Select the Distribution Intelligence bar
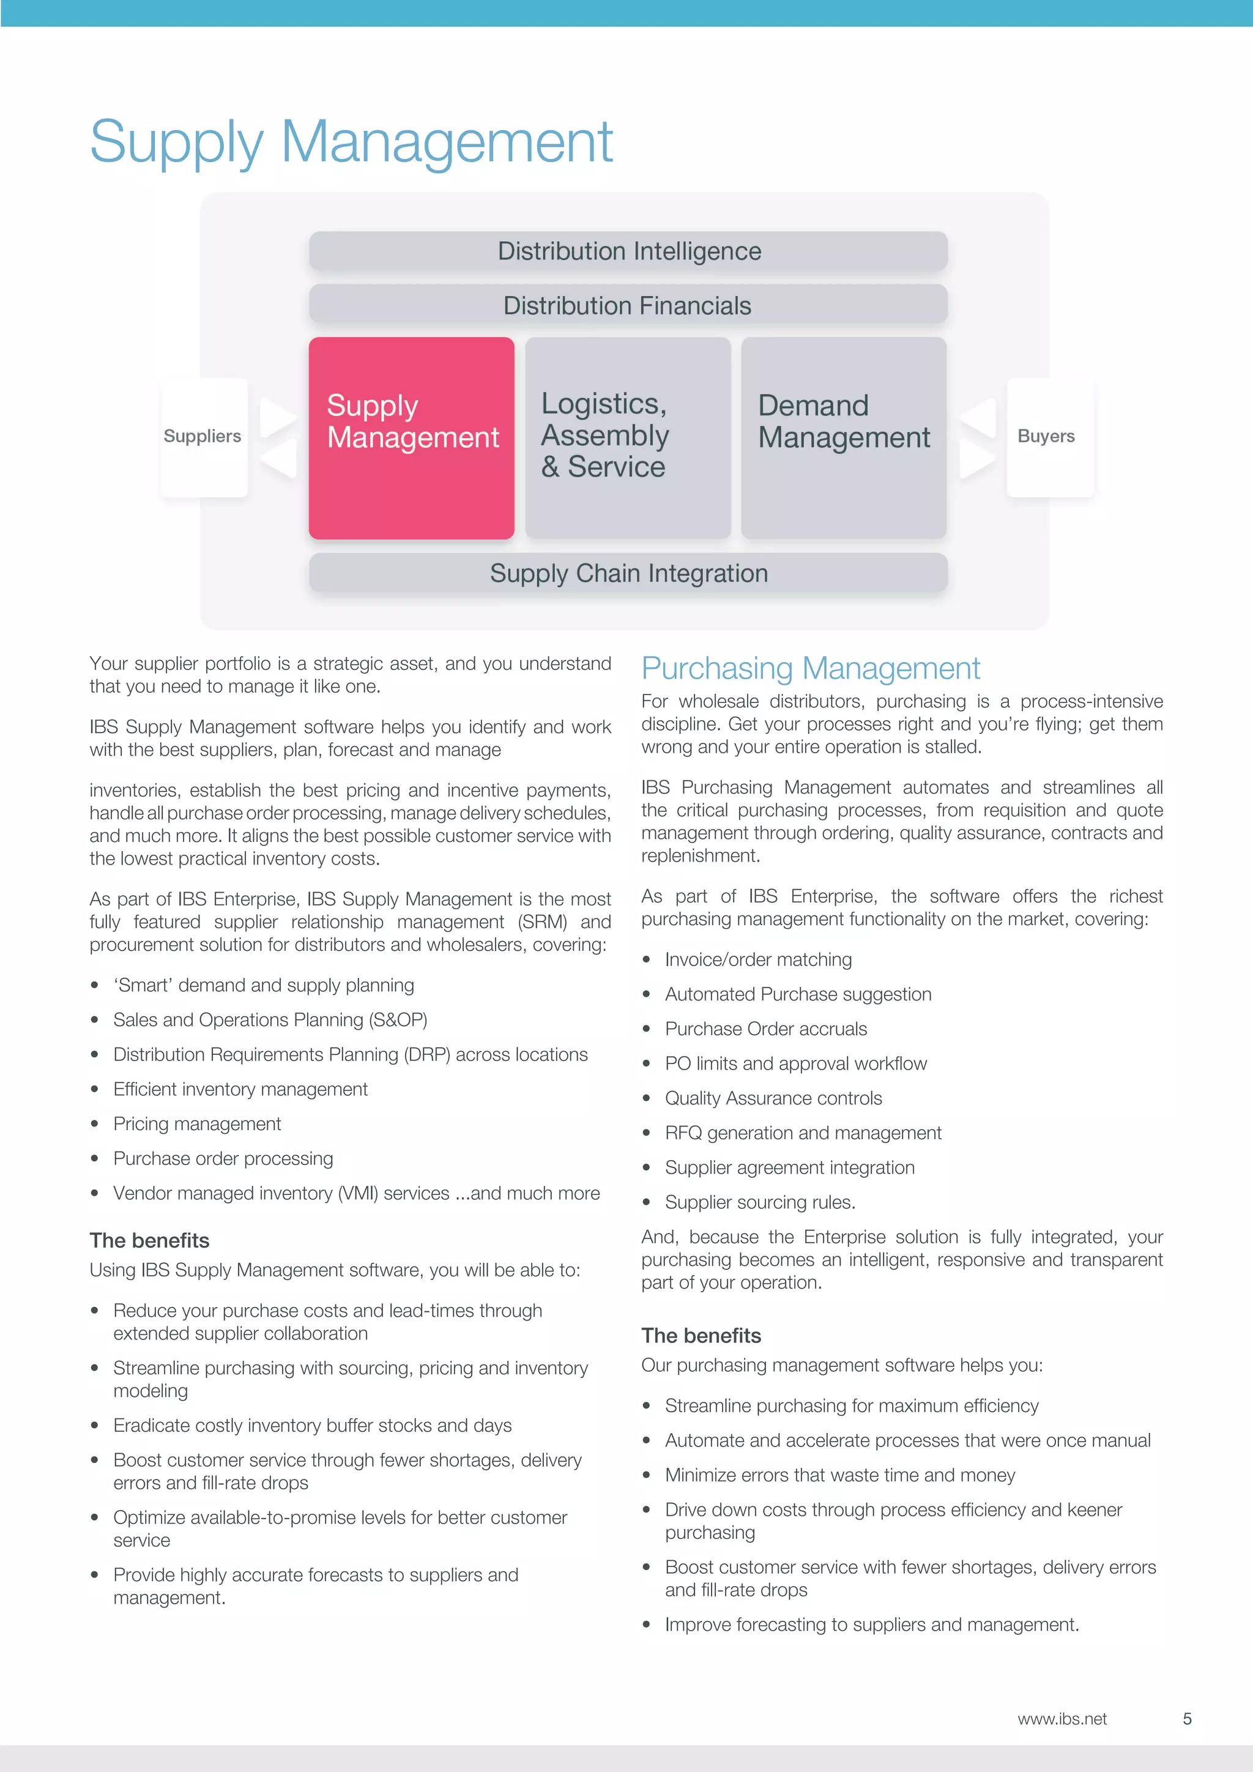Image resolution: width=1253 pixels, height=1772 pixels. [628, 251]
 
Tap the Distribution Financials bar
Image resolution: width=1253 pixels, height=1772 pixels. [628, 305]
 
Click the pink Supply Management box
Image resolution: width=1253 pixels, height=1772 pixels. [411, 437]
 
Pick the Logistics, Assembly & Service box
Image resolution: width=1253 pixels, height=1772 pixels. [627, 437]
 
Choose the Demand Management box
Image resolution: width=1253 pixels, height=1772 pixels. [843, 437]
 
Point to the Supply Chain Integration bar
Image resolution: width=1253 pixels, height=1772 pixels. [628, 573]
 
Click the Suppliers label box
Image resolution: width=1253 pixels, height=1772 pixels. [203, 437]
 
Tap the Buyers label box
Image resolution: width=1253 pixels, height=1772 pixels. [1046, 437]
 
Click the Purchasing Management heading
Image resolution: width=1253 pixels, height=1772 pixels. [810, 668]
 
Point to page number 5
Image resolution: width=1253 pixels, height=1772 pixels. [1187, 1719]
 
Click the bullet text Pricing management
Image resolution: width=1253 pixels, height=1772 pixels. [197, 1123]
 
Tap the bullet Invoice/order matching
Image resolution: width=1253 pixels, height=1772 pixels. [759, 959]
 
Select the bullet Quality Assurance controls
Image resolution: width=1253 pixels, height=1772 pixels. [773, 1098]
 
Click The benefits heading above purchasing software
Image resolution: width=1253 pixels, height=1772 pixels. [701, 1335]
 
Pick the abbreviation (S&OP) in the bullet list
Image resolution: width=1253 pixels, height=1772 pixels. [398, 1019]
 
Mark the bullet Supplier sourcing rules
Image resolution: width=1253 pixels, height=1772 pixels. [760, 1202]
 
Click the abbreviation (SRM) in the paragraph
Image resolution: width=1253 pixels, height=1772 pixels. [543, 921]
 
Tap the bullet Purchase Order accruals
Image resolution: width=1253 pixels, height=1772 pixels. [765, 1029]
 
